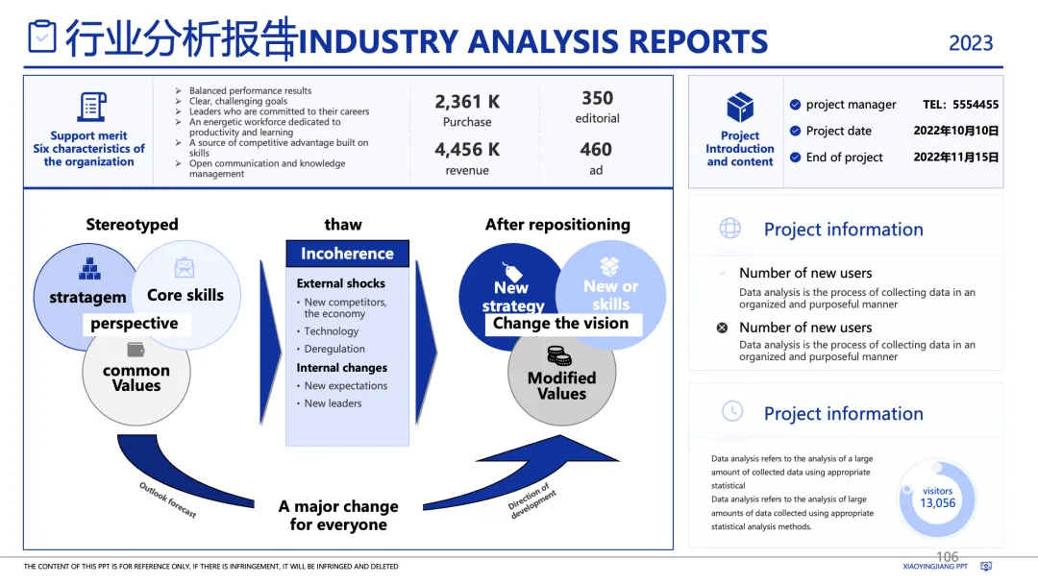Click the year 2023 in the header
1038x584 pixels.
coord(971,43)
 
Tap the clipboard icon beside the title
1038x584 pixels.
coord(42,36)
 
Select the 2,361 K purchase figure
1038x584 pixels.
coord(467,102)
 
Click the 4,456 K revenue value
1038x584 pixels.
coord(467,150)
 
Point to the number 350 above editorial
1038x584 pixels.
coord(597,98)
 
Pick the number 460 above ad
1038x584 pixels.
coord(596,150)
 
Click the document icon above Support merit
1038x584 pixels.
coord(92,107)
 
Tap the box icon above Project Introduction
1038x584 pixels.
coord(740,107)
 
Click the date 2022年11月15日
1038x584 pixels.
coord(955,158)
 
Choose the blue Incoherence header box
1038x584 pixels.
coord(347,254)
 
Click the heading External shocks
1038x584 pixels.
coord(340,283)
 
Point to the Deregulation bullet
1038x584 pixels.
coord(334,349)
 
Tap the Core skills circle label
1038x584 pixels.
coord(185,295)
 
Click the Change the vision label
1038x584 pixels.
coord(560,324)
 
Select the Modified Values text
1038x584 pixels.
coord(561,385)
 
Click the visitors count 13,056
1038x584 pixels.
coord(937,503)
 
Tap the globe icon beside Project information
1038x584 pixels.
coord(730,229)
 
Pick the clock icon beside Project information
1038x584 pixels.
coord(731,411)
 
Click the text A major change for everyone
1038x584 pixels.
coord(338,516)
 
